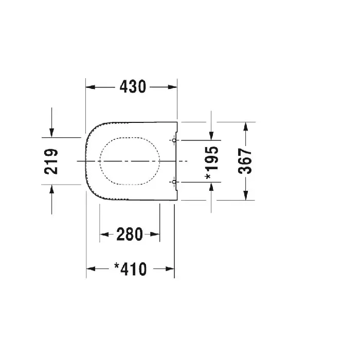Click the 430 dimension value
click(x=133, y=86)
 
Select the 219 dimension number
click(x=51, y=161)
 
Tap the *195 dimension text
click(x=211, y=163)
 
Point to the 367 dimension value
click(x=245, y=161)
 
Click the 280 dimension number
click(x=130, y=234)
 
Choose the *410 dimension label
click(x=131, y=269)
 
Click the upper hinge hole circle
click(x=174, y=140)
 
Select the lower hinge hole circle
click(x=174, y=182)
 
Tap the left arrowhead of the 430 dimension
click(x=90, y=87)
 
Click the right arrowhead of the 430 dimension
click(x=172, y=87)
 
